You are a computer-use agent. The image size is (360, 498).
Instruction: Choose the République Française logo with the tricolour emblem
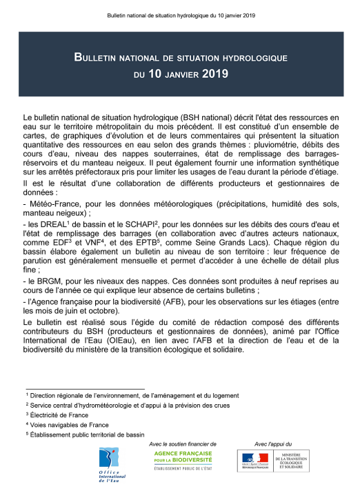(x=255, y=461)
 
